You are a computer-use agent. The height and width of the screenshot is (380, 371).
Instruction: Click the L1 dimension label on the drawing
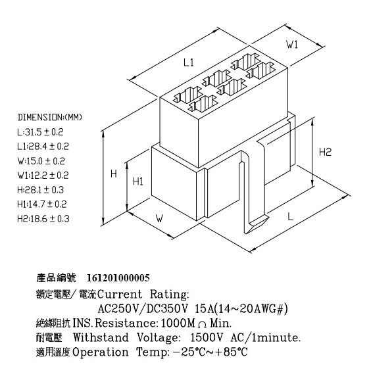(189, 62)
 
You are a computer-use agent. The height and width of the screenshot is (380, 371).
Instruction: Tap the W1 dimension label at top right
(292, 45)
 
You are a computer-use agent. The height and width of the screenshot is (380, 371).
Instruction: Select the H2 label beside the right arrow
(325, 152)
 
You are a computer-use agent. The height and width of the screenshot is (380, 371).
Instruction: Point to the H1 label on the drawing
(138, 181)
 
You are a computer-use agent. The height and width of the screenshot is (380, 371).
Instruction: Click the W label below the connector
(160, 218)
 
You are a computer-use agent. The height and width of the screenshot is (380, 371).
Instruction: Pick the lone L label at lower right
(290, 216)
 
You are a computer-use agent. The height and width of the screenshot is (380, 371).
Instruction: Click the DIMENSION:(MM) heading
(50, 117)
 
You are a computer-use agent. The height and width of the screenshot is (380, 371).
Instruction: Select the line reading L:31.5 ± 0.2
(40, 132)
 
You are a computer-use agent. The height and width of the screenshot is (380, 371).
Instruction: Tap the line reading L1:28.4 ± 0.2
(43, 147)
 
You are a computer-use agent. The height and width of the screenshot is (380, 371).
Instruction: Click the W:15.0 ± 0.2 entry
(41, 161)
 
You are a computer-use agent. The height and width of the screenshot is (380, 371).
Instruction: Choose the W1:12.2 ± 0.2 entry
(43, 176)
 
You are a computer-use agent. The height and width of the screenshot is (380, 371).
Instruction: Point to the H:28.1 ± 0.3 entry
(41, 190)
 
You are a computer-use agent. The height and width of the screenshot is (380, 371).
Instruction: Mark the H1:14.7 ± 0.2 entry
(42, 204)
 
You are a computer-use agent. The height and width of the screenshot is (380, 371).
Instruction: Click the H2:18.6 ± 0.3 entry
(43, 219)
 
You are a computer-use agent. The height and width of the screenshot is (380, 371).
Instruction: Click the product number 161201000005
(118, 278)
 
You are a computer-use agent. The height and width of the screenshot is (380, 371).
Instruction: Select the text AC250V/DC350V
(143, 309)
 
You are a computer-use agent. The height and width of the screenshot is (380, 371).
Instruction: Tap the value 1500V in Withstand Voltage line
(207, 337)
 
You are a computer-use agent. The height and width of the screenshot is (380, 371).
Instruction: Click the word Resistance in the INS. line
(126, 323)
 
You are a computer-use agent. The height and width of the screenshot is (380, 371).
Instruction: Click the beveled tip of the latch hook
(257, 224)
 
